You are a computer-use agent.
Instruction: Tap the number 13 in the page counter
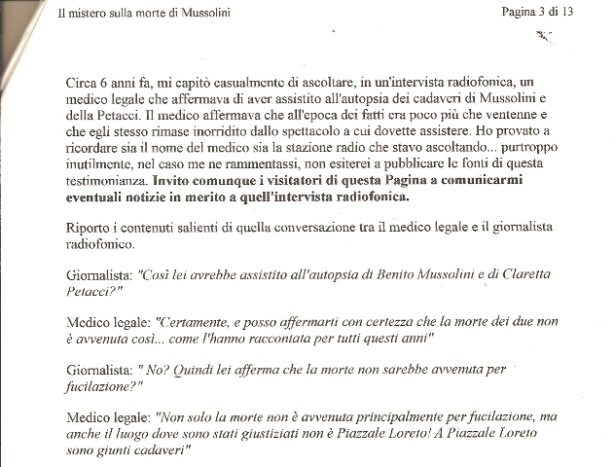pyautogui.click(x=589, y=12)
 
